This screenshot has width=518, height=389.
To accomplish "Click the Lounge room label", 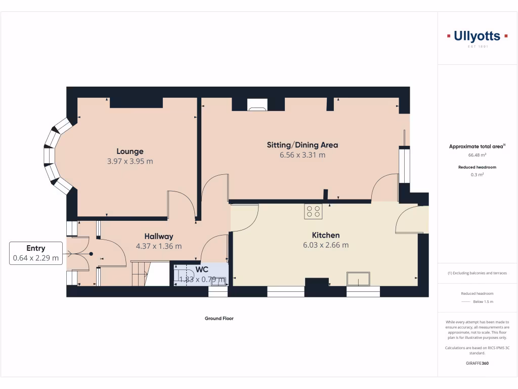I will [130, 151].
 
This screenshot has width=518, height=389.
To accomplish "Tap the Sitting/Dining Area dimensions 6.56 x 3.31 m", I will [303, 155].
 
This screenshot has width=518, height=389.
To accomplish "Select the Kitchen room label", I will [325, 235].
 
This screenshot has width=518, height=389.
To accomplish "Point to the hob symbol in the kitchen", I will [313, 211].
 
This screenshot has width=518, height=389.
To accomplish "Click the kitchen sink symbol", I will [358, 279].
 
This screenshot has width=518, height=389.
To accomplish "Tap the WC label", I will [202, 269].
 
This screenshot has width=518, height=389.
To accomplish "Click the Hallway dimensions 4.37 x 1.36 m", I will [159, 246].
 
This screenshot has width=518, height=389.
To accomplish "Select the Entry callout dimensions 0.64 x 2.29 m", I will [36, 258].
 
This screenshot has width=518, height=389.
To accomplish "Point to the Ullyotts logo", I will [478, 36].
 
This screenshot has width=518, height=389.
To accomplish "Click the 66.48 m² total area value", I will [477, 155].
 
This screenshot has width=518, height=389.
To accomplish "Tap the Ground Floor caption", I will [219, 319].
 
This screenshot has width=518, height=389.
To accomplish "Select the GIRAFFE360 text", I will [477, 363].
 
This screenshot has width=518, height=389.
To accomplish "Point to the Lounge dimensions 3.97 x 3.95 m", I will [130, 162].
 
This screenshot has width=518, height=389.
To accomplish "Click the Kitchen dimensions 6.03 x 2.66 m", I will [325, 245].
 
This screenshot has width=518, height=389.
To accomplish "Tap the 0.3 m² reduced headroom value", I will [477, 175].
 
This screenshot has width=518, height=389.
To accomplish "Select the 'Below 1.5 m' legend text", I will [483, 302].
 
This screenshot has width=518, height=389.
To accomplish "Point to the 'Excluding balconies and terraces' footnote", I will [477, 273].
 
